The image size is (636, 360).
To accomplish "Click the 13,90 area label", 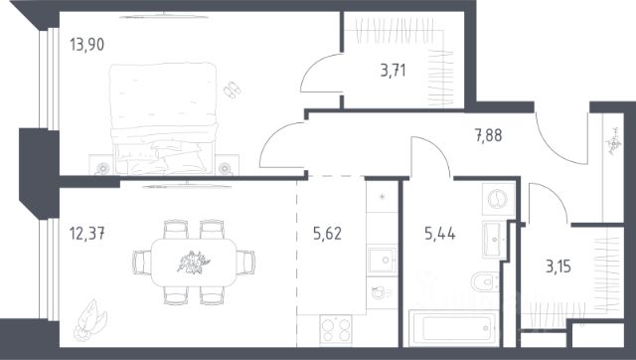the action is tap(86, 44).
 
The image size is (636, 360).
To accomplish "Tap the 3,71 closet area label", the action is tap(394, 71).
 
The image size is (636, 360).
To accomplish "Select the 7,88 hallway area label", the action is tap(488, 135).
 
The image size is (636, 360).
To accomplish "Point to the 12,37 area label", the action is tap(87, 234).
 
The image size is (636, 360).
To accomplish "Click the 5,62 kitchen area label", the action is tap(327, 234).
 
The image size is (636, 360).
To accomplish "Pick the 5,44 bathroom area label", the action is tap(440, 234).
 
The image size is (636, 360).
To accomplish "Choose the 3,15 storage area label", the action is tap(558, 267).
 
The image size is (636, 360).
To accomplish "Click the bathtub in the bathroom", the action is tap(453, 328).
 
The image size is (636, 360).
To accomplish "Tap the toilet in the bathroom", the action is tap(485, 281).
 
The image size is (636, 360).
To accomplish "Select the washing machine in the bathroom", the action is tap(499, 199).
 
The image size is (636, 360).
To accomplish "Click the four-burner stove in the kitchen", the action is tap(336, 330).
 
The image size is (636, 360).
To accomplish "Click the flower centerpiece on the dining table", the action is tap(194, 263).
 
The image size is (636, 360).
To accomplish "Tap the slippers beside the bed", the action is tap(233, 90).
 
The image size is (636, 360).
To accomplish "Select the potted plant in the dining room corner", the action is tap(89, 320).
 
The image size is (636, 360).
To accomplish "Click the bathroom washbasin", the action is tap(493, 240).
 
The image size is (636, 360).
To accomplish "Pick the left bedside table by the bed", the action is tap(101, 165).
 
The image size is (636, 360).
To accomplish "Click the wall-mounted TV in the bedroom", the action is tap(164, 16).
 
